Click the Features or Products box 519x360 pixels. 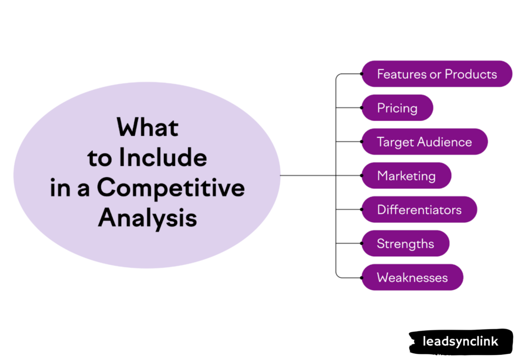(436, 74)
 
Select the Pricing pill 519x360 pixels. (397, 108)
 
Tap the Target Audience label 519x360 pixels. (424, 142)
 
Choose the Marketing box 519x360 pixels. (406, 176)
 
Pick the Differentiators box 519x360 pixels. (419, 210)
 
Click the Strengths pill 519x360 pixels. (405, 244)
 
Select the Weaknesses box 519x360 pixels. (412, 278)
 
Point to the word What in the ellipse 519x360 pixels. (147, 127)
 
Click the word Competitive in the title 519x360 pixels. (171, 188)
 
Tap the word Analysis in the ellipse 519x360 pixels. (147, 219)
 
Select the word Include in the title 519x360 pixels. (163, 158)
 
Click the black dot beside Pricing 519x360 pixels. (361, 107)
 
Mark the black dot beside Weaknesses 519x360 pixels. (361, 277)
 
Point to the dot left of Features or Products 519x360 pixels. (361, 74)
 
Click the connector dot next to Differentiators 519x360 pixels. (361, 209)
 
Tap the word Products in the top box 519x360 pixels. (471, 74)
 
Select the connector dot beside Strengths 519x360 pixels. (361, 243)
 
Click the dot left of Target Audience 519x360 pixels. (361, 141)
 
